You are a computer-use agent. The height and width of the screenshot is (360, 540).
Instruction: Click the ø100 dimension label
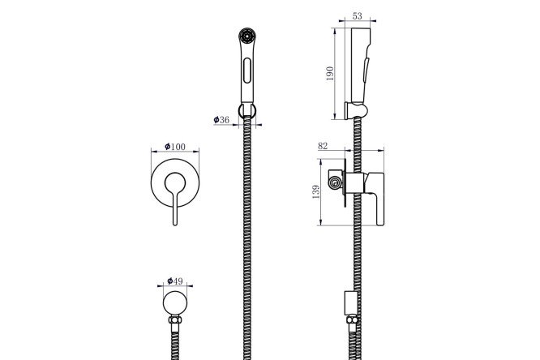click(x=175, y=147)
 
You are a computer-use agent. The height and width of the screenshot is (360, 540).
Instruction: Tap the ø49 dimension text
click(x=175, y=281)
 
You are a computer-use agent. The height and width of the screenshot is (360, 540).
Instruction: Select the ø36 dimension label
click(x=221, y=119)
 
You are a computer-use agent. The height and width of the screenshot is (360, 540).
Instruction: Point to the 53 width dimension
click(x=358, y=16)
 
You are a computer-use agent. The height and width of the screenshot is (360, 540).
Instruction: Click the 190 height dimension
click(x=329, y=73)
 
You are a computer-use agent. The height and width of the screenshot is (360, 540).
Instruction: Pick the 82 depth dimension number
click(x=323, y=146)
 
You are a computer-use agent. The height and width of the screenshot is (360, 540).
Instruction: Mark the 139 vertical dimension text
click(x=315, y=192)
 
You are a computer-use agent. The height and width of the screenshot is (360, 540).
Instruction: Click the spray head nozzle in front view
click(x=246, y=36)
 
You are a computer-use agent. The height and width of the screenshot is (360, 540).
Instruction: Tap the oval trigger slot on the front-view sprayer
click(x=247, y=71)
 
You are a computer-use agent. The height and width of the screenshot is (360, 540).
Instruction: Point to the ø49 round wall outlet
click(x=175, y=303)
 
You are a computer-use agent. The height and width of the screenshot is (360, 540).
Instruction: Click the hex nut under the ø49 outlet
click(x=175, y=319)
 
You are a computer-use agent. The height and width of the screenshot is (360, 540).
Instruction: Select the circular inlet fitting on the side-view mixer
click(x=334, y=182)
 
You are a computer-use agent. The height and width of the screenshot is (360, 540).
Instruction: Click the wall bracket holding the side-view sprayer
click(x=356, y=110)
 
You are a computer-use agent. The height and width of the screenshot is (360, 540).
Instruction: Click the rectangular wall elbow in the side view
click(x=351, y=303)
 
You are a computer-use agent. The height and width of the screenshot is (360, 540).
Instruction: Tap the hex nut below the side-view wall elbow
click(x=352, y=319)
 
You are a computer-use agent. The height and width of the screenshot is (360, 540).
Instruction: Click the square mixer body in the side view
click(x=355, y=182)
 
